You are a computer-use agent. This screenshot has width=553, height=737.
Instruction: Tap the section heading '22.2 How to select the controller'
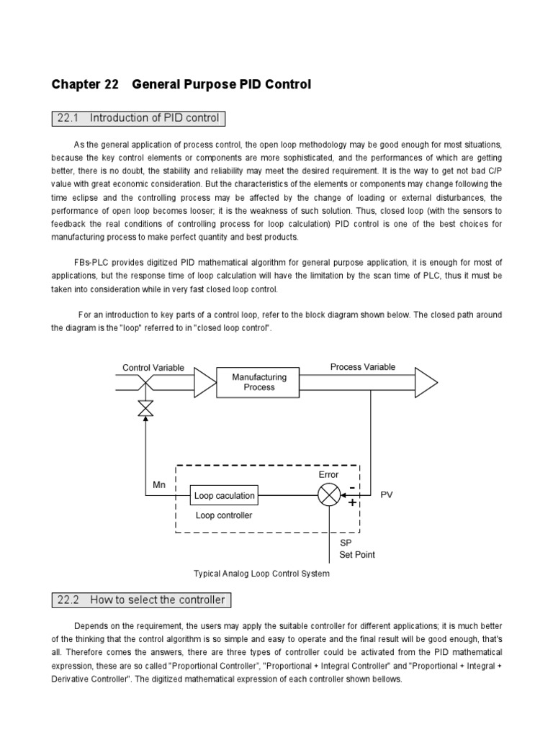pos(141,600)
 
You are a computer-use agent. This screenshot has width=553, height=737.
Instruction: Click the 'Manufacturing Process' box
pos(259,382)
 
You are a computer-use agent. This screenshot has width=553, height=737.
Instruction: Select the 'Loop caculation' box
pos(224,495)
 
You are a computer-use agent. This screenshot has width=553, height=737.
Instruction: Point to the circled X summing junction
pos(328,495)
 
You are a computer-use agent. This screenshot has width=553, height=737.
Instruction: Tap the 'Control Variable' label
pos(153,368)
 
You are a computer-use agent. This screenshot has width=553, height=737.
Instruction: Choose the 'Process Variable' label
pos(363,367)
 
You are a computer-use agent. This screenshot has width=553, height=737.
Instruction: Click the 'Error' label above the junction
pos(329,474)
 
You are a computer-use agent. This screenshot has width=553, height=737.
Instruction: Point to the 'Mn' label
pos(159,485)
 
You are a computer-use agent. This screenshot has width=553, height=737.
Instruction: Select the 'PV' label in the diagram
pos(387,496)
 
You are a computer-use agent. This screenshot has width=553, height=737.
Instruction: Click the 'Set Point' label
pos(357,555)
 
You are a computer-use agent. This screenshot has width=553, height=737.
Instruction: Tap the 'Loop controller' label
pos(224,516)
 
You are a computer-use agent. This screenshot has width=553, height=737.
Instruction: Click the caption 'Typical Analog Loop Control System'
pos(261,574)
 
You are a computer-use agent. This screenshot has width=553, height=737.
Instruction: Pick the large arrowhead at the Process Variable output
pos(426,382)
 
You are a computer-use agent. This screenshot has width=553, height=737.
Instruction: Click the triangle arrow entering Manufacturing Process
pos(205,382)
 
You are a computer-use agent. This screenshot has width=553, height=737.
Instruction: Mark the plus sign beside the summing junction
pos(352,502)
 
